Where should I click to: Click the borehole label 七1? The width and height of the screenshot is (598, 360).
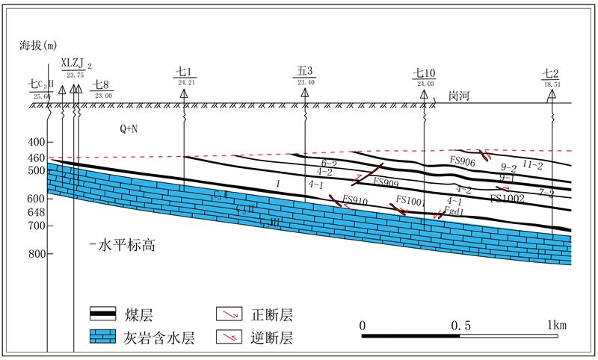[x=184, y=72]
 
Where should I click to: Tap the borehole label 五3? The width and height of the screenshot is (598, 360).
[x=304, y=72]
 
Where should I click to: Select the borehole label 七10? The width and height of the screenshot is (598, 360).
[x=424, y=73]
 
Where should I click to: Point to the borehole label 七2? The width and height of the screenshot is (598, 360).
[x=551, y=73]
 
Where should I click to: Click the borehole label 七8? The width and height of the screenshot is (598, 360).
[x=102, y=85]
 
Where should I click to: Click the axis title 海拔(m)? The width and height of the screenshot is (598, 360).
[x=38, y=46]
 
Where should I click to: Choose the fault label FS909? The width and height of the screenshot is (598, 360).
[x=385, y=181]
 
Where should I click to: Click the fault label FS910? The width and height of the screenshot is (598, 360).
[x=355, y=200]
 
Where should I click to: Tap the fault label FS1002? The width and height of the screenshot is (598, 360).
[x=508, y=198]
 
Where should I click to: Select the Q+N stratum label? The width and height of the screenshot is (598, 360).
[x=129, y=129]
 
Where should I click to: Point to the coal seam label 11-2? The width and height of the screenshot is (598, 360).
[x=531, y=164]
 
